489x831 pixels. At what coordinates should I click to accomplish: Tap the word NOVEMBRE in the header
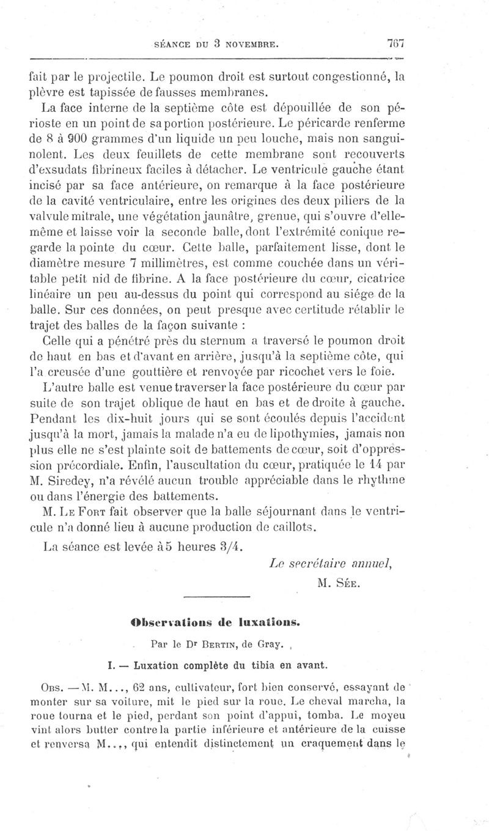253,45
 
